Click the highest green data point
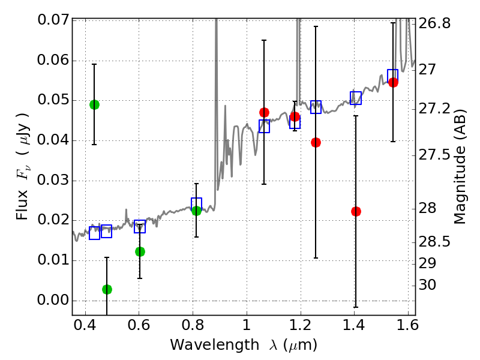click(94, 104)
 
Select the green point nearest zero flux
click(107, 289)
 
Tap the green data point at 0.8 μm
click(196, 210)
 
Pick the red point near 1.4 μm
click(356, 211)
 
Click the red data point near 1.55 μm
click(393, 82)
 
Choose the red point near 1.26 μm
click(316, 142)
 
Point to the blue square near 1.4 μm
click(356, 98)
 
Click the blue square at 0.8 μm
click(196, 204)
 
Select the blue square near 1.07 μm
click(264, 126)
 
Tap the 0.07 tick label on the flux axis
click(52, 20)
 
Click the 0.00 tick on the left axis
click(52, 301)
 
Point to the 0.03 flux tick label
click(52, 181)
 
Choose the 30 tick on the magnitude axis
click(428, 285)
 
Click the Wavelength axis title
click(243, 345)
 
